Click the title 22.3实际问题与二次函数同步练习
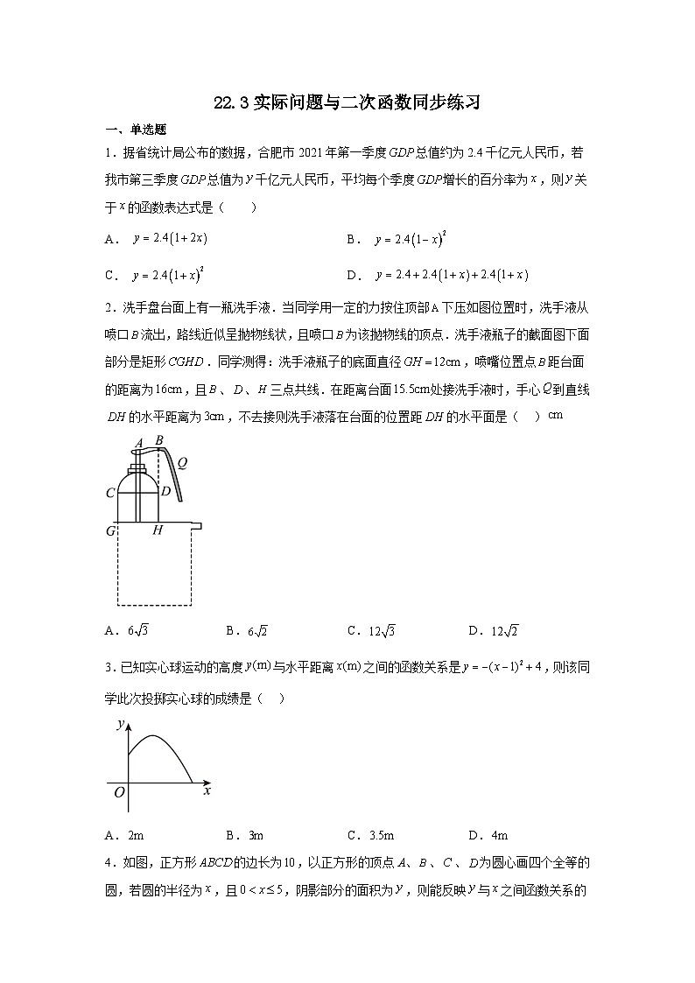[347, 103]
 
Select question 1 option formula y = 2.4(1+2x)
[170, 238]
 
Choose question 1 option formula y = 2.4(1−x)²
[411, 238]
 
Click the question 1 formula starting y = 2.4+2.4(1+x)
[451, 275]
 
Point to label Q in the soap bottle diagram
[182, 463]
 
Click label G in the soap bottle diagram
[111, 530]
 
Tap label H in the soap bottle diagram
[158, 530]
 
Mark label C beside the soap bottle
[110, 493]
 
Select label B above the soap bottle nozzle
[158, 440]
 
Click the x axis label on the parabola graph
[207, 790]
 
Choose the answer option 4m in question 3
[499, 835]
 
